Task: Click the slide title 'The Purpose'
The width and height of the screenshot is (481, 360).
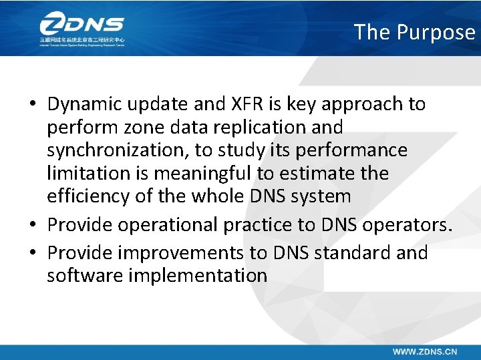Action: (414, 31)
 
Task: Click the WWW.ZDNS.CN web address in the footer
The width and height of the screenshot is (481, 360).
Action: (424, 351)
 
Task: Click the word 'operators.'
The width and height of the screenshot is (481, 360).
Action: (408, 225)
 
